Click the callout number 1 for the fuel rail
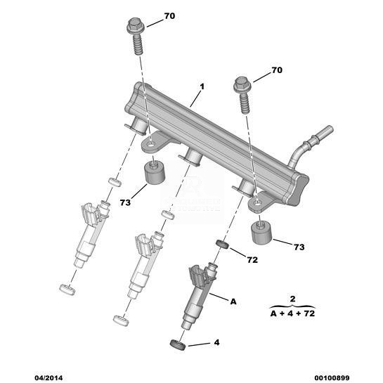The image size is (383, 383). click(202, 86)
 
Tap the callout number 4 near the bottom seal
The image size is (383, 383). click(216, 342)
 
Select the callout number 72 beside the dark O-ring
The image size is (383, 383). click(252, 260)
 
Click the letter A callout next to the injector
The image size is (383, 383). click(233, 301)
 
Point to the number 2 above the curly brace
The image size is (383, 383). click(292, 299)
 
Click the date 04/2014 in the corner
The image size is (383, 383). click(48, 378)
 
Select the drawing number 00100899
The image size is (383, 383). click(332, 378)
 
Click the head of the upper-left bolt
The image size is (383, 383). click(136, 25)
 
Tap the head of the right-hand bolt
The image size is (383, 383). click(242, 85)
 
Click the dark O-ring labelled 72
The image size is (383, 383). click(222, 245)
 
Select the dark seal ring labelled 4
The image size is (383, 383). click(177, 344)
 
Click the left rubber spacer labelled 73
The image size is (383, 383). click(155, 173)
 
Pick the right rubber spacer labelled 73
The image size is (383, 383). click(261, 233)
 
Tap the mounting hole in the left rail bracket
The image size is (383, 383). click(150, 145)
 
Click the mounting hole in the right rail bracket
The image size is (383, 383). click(257, 202)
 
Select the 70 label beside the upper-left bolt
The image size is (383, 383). click(169, 16)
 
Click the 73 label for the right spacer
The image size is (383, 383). click(299, 247)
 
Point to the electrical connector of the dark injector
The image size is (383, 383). click(197, 275)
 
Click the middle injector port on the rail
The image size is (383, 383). click(193, 156)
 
